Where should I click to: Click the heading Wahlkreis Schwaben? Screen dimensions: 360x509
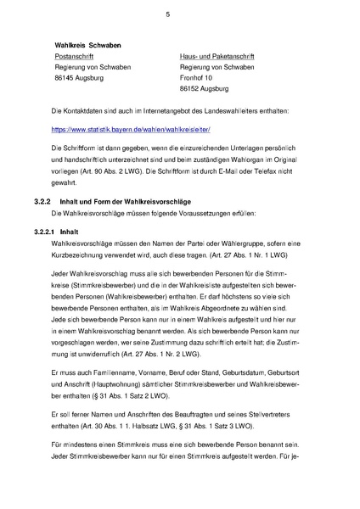(87, 43)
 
